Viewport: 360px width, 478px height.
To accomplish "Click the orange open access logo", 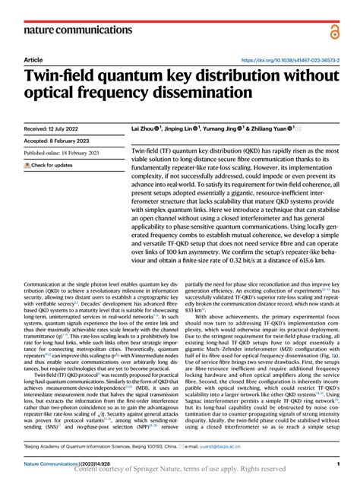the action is [x=335, y=30].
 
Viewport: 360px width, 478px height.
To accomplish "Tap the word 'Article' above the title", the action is [x=33, y=59].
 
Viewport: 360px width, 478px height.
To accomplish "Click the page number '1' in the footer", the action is [x=336, y=462].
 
